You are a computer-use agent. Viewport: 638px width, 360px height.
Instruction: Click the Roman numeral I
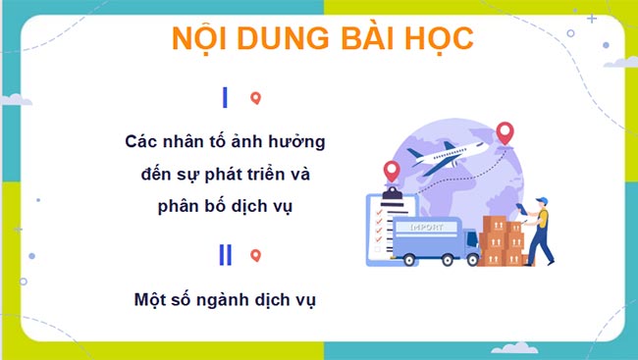coord(226,97)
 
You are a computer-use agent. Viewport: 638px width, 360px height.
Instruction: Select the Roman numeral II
coord(226,255)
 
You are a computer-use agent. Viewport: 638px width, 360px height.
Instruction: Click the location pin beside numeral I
coord(255,98)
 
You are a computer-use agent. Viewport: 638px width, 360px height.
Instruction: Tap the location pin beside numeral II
coord(255,256)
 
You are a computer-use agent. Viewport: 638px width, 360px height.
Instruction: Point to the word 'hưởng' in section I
coord(295,142)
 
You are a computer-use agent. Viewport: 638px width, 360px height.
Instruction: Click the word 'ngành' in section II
coord(229,299)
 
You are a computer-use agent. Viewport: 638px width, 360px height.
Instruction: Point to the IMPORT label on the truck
coord(417,227)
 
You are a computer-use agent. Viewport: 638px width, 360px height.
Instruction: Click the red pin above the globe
coord(505,132)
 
